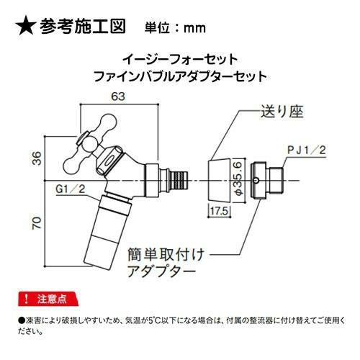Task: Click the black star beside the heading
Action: tap(26, 26)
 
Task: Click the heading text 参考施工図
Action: tap(83, 26)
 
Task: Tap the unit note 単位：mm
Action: tap(175, 28)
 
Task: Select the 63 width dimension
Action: tap(118, 96)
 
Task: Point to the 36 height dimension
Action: tap(37, 158)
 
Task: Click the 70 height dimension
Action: tap(37, 223)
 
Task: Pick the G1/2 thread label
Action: tap(71, 189)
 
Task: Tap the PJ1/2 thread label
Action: tap(307, 150)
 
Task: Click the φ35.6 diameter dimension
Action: tap(238, 179)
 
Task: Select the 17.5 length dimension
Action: tap(219, 211)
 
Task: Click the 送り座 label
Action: tap(282, 112)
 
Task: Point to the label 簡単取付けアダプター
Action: tap(166, 263)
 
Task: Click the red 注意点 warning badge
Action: tap(48, 299)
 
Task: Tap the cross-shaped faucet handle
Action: tap(91, 143)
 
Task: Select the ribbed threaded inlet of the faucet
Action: tap(179, 181)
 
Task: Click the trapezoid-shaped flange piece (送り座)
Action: tap(220, 180)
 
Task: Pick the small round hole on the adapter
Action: tap(256, 181)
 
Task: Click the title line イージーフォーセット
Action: tap(180, 59)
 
